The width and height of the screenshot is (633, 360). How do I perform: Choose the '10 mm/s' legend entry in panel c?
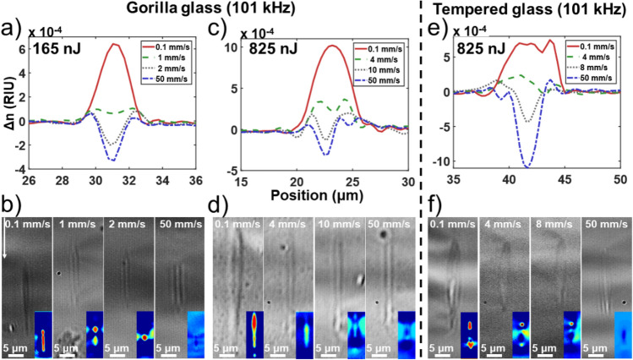click(x=386, y=69)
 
